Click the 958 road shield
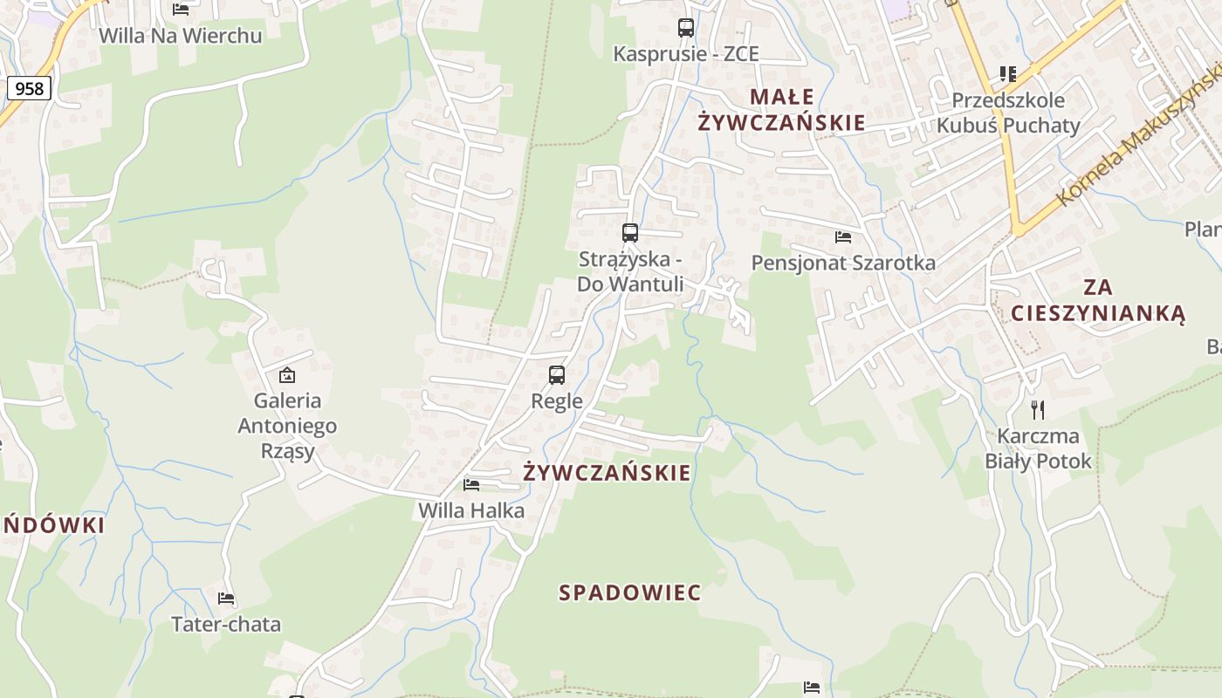(29, 88)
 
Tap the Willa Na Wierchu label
(180, 36)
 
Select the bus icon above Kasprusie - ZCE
(686, 28)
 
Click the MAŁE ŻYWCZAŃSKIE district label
(781, 110)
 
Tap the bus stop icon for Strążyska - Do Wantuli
(630, 233)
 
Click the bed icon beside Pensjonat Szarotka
(843, 236)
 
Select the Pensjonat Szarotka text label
(843, 263)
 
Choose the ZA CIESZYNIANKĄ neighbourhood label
(1098, 300)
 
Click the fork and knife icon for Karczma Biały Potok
(1038, 409)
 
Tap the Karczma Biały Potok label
(1038, 448)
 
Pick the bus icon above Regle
(557, 375)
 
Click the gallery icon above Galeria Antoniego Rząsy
(286, 375)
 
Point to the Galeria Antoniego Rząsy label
(287, 426)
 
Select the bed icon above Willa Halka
(471, 484)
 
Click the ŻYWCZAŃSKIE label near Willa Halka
(607, 473)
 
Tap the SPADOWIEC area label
(629, 593)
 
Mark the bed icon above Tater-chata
(226, 599)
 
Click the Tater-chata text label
(226, 624)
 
